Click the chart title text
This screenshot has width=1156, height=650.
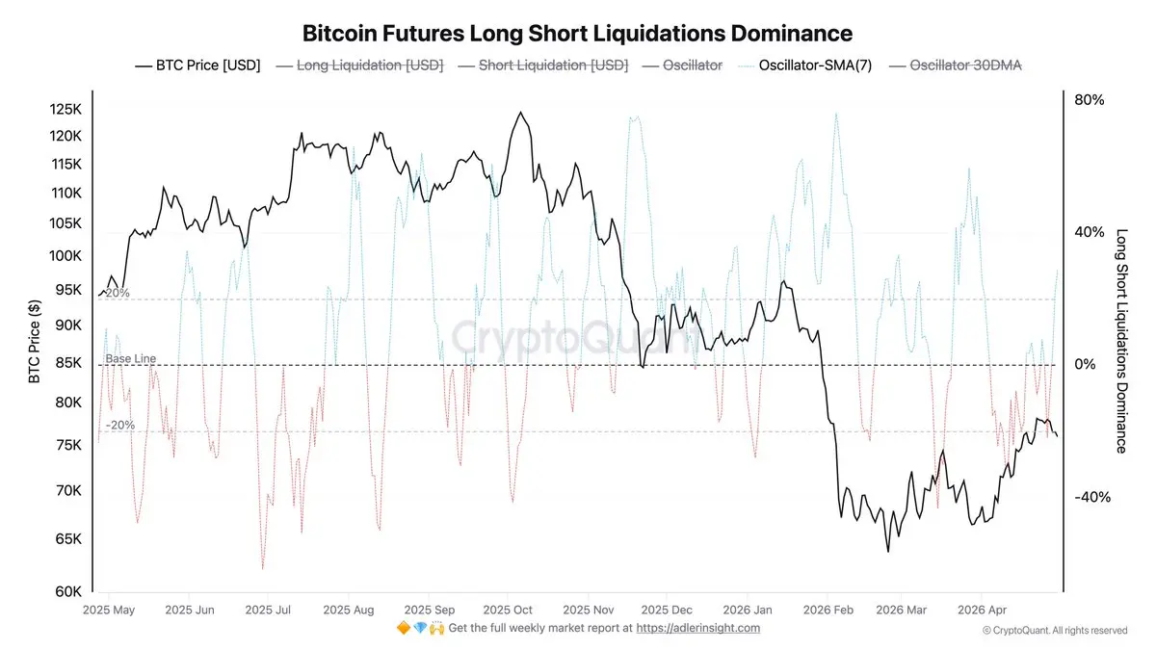click(577, 34)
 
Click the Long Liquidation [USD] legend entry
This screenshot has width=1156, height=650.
click(359, 65)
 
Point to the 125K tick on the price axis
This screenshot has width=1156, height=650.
click(66, 110)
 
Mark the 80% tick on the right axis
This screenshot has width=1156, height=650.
click(1089, 100)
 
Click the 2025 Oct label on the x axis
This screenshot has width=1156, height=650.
click(508, 610)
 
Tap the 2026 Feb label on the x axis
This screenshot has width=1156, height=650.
click(828, 610)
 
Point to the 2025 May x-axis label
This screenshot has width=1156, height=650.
click(108, 610)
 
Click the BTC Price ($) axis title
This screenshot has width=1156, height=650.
click(35, 339)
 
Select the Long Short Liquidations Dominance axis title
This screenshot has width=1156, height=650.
click(1121, 340)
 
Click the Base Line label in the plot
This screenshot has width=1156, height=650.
click(130, 359)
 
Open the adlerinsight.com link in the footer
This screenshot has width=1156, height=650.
click(698, 628)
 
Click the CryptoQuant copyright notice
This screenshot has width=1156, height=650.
click(1054, 630)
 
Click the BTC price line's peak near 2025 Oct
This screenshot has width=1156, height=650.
click(521, 113)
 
